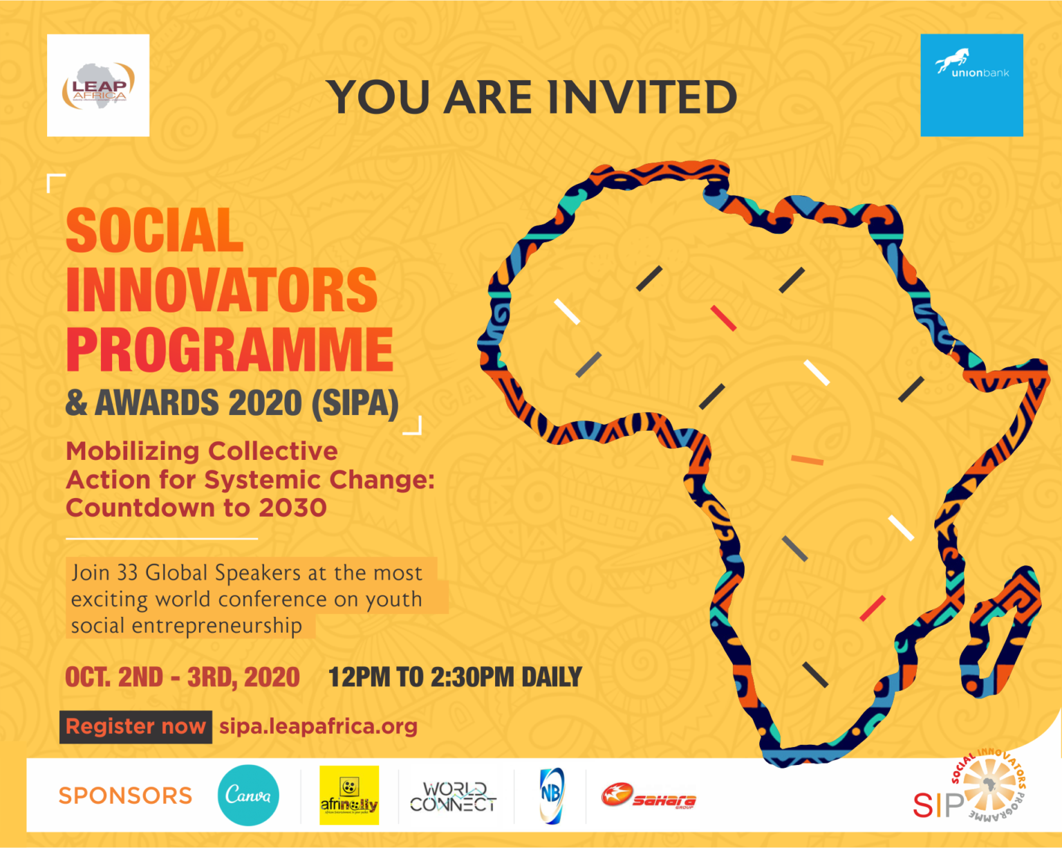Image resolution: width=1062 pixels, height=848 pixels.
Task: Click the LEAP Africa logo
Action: coord(98,85)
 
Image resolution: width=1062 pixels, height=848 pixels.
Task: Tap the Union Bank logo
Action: coord(971,85)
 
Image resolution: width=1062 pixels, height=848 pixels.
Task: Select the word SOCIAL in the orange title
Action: coord(154,230)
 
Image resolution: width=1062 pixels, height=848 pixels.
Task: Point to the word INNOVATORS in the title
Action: coord(221,290)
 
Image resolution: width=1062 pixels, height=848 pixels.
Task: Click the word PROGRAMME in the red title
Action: coord(230,349)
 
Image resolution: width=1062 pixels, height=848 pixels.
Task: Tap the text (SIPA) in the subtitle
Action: coord(355,403)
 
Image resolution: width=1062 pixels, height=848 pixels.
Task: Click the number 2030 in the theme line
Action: coord(292,508)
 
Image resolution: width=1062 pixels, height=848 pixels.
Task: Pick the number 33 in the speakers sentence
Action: coord(127,573)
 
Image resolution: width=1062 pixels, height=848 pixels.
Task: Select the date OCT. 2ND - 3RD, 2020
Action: coord(183,677)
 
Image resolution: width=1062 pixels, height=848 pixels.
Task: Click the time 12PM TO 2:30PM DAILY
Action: coord(455,677)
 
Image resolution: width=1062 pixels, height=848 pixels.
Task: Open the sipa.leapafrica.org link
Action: coord(318,726)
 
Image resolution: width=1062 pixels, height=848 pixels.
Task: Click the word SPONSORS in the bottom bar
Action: coord(125,795)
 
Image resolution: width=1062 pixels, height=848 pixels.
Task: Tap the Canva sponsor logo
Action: coord(248,795)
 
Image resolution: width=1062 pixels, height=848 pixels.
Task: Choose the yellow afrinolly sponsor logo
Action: coord(349,795)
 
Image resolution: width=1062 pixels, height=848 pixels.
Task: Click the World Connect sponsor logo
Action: coord(454,797)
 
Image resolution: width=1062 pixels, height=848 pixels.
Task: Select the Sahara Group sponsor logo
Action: coord(649,797)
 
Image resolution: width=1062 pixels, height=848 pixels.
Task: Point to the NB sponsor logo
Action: coord(551,795)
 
